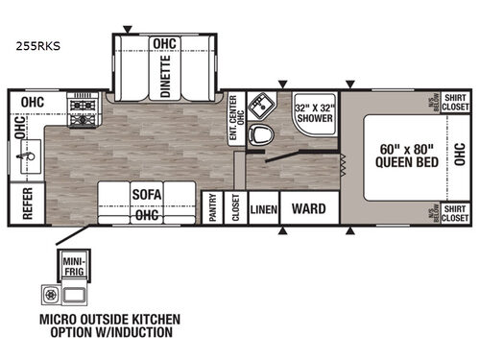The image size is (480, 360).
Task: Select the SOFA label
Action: coord(146,195)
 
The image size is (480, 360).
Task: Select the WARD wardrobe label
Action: coord(307,208)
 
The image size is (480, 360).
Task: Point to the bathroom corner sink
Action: coord(258,105)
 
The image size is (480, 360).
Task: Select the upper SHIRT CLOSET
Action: coord(454,102)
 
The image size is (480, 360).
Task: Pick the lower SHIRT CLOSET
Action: coord(454,212)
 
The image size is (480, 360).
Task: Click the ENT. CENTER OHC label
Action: coord(233,120)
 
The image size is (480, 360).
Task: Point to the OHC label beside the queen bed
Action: coord(459,156)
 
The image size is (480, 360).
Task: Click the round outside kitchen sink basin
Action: coord(49,293)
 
